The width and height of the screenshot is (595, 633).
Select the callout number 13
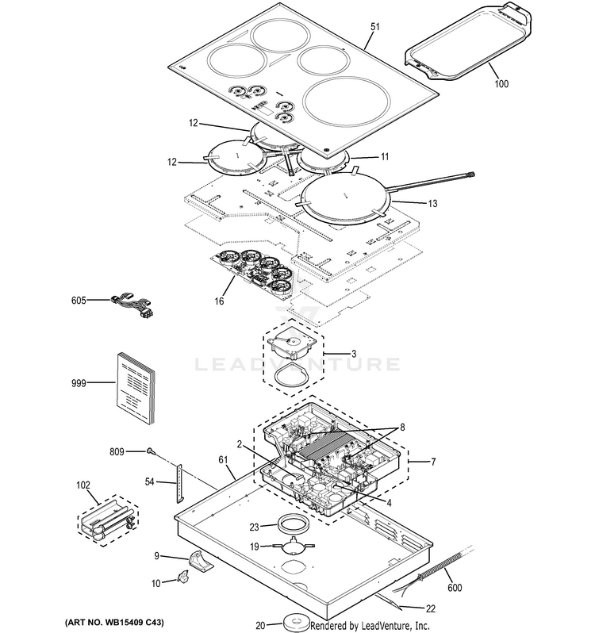point(432,204)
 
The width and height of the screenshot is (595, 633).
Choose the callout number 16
point(220,301)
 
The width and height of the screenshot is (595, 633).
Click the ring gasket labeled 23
point(291,524)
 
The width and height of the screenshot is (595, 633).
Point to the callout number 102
point(83,485)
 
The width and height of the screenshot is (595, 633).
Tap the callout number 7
point(433,461)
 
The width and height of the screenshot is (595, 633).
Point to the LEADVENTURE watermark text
point(298,366)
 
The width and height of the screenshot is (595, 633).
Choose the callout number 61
point(223,459)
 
